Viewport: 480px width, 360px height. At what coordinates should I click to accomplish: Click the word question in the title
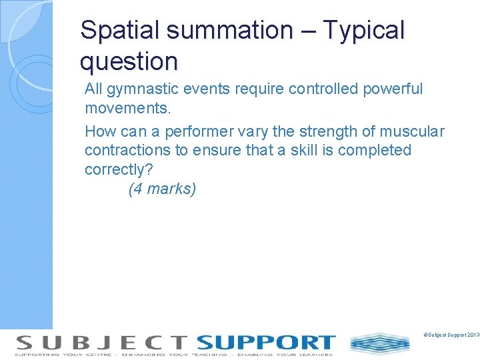(129, 62)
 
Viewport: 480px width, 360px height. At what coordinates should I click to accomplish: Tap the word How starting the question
(99, 132)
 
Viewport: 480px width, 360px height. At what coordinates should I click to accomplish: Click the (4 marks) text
(162, 189)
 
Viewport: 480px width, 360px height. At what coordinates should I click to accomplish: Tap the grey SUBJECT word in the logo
(102, 343)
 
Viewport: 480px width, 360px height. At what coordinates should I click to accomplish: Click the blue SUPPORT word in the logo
(265, 343)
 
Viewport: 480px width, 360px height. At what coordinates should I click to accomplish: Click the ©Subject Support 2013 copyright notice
(451, 333)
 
